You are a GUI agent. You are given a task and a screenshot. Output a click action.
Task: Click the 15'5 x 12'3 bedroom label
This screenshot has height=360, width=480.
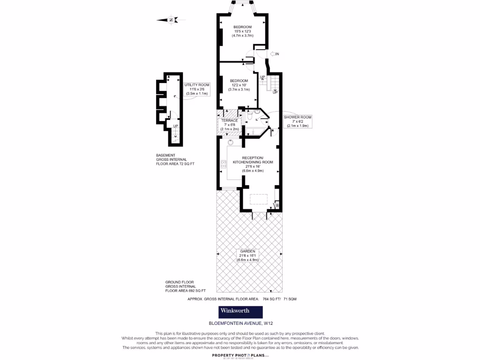coord(243,31)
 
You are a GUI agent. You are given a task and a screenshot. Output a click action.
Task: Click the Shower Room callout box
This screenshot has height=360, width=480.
coord(297,121)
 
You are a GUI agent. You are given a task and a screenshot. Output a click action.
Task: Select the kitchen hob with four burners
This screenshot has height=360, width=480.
coord(224,164)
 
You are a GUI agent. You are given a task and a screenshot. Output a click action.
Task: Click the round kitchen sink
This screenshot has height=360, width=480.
coord(231,142)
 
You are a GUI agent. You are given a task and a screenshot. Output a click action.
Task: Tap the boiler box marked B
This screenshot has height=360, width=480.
coord(277,205)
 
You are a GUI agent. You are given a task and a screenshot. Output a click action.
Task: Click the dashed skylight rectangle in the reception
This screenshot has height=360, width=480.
coord(258,199)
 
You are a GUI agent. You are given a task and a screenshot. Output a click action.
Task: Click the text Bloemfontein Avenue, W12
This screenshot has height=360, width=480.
coord(240,323)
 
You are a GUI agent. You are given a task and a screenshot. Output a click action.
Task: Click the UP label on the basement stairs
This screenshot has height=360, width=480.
coord(175,126)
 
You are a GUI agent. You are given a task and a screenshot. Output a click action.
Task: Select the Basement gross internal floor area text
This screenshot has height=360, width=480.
coord(175,160)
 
